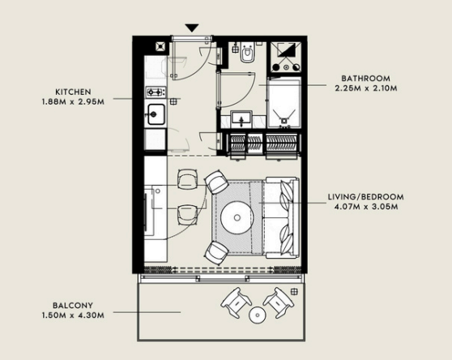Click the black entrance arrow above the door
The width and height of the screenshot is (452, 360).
(192, 28)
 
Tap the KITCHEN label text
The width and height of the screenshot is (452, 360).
(73, 92)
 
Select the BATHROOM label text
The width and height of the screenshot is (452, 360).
(366, 79)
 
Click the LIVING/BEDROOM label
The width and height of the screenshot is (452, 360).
(366, 197)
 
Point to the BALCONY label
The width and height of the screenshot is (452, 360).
(73, 306)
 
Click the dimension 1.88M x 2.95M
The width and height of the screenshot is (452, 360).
(73, 102)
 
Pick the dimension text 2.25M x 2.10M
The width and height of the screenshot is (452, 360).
(366, 88)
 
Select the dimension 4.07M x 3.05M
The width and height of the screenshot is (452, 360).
(366, 207)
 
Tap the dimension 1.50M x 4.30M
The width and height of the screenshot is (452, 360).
(73, 315)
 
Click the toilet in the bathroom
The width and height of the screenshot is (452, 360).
(247, 53)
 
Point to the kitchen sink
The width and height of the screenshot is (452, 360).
(156, 114)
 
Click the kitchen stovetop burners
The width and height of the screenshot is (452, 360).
(156, 92)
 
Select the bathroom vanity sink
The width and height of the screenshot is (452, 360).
(241, 119)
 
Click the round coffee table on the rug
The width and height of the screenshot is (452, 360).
(237, 217)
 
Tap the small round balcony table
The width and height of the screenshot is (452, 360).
(257, 315)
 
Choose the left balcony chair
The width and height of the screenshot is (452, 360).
(236, 302)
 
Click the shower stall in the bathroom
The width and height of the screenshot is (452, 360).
(284, 102)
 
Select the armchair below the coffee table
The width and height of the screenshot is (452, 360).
(216, 253)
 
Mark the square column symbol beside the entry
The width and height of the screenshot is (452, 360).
(161, 46)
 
